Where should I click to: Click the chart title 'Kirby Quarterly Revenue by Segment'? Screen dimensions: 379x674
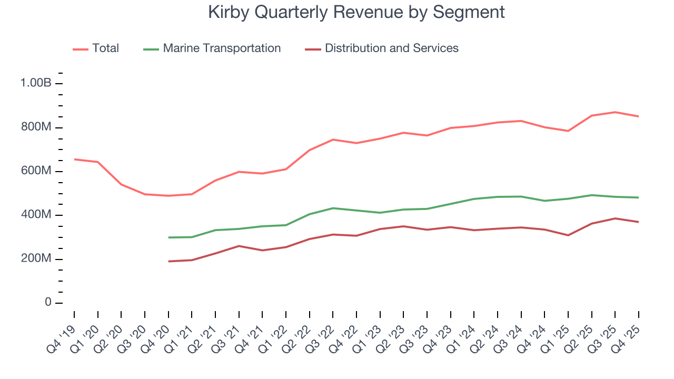click(x=356, y=12)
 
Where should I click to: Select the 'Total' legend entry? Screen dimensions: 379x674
click(x=105, y=48)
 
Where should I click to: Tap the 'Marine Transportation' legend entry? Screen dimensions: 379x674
click(x=222, y=48)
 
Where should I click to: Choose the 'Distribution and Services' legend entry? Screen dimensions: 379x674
click(x=391, y=48)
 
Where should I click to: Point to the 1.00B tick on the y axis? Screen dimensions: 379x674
click(x=35, y=84)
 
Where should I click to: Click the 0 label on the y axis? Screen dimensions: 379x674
click(x=48, y=303)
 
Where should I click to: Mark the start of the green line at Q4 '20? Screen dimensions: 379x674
click(x=168, y=237)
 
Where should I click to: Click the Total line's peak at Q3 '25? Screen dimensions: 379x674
click(x=615, y=112)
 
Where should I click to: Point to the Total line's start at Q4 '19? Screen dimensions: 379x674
click(x=74, y=159)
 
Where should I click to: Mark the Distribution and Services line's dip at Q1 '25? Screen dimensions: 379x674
click(x=568, y=235)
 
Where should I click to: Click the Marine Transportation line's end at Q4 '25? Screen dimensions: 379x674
click(x=639, y=197)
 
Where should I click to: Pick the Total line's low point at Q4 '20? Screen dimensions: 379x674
click(x=168, y=196)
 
